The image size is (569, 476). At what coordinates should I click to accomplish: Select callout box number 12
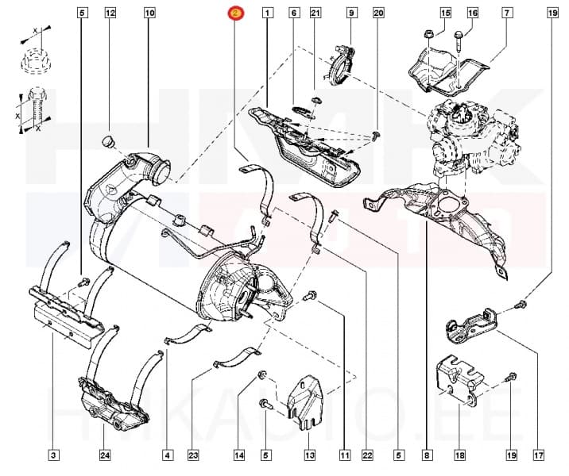110,13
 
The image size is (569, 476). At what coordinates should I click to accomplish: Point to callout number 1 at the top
267,13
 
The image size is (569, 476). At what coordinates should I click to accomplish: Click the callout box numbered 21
315,13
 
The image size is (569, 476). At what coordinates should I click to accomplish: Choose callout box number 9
351,13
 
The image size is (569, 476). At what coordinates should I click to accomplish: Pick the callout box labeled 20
378,13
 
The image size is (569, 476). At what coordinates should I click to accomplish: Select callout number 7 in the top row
507,13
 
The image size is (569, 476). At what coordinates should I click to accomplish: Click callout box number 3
52,455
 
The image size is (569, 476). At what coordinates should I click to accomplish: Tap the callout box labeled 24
105,455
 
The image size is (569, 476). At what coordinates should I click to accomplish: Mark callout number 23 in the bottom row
193,455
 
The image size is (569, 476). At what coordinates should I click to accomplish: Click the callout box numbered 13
310,455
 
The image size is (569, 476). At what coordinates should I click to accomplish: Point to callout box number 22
367,455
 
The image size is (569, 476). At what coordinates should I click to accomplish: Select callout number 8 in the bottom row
427,455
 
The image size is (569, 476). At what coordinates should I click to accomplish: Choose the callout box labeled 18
459,455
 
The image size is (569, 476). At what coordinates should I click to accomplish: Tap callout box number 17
539,455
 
